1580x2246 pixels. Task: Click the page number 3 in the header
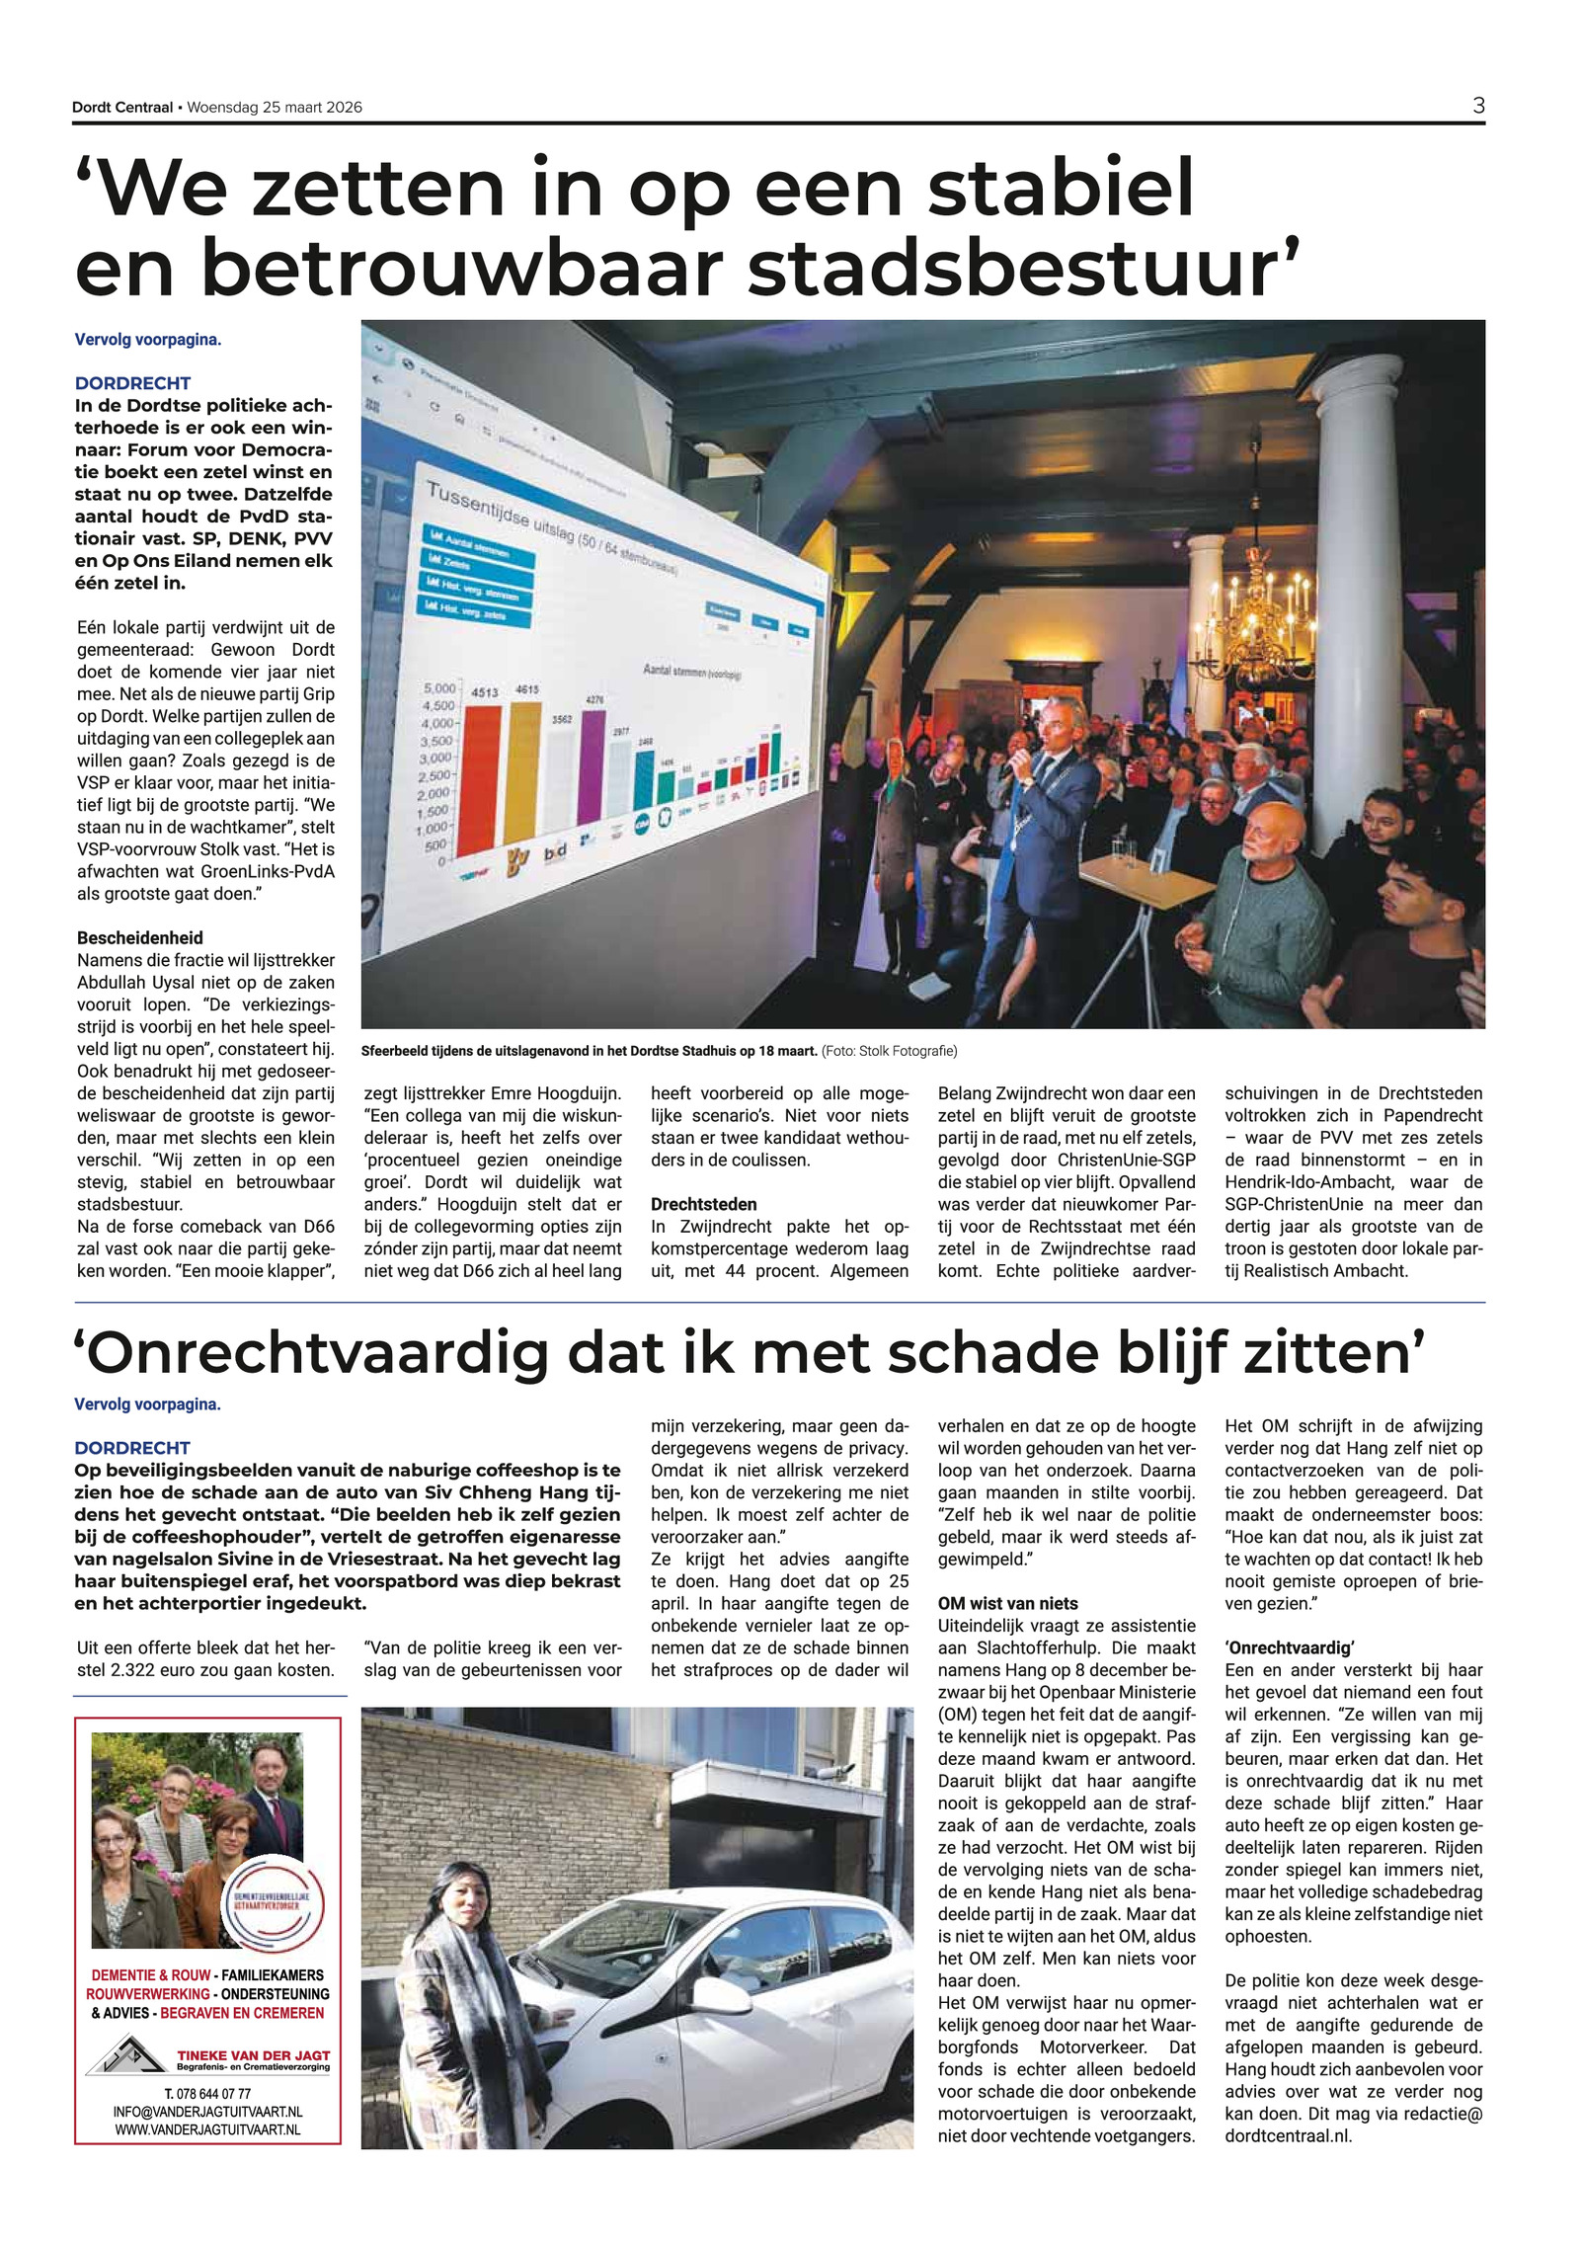click(x=1477, y=106)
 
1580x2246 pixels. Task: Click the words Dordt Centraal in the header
click(x=121, y=108)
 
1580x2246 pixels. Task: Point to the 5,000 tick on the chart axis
click(x=439, y=687)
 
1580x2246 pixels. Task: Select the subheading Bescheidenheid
click(x=139, y=937)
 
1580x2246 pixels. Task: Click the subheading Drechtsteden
click(x=703, y=1204)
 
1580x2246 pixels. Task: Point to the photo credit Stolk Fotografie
click(x=908, y=1050)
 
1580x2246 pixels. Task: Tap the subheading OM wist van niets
click(x=1007, y=1603)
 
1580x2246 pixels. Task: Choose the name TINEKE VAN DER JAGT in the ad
click(x=253, y=2055)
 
